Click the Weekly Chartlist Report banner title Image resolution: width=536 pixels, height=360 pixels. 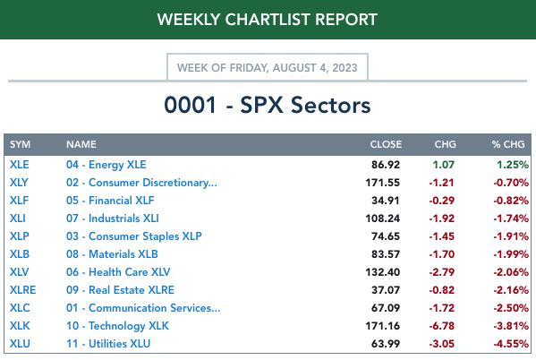pos(267,19)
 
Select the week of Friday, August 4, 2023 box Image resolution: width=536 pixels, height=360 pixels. pos(268,67)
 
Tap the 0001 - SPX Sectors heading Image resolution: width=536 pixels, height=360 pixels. pos(268,105)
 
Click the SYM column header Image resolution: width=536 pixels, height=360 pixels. pos(20,144)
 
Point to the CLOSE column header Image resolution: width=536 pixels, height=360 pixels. pos(386,144)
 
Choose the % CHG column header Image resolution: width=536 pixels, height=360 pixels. pos(508,144)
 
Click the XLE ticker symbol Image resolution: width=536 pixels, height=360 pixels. pos(20,165)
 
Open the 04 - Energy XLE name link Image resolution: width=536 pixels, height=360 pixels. pos(106,165)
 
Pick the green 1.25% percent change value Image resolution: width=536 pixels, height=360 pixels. pos(513,165)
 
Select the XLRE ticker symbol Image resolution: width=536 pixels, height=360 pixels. pos(23,290)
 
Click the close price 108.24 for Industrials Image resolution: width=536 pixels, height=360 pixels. pos(382,219)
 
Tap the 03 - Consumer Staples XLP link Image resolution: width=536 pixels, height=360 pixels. pos(134,236)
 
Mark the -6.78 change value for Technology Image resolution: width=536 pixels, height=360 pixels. pos(442,326)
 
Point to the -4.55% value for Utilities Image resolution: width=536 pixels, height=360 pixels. pos(511,344)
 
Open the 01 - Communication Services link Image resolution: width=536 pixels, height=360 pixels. pos(143,308)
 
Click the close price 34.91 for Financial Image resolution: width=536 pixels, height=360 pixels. pos(386,201)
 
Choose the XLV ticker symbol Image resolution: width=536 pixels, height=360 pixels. pos(19,272)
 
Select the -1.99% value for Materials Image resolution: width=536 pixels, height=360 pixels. pos(511,254)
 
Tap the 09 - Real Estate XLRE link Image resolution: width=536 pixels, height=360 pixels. pos(120,290)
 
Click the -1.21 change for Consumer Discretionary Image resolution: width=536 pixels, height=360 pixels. pos(442,183)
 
